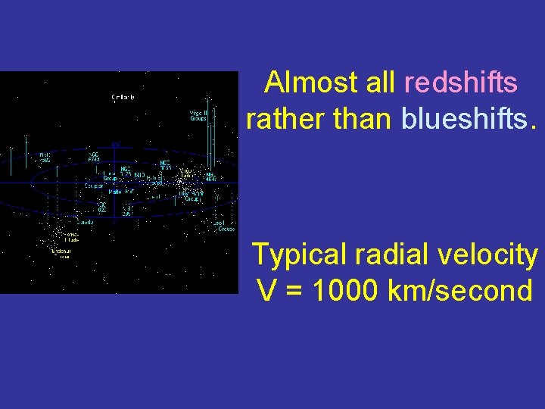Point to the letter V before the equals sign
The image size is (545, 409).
(x=267, y=290)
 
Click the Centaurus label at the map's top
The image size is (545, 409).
(x=123, y=97)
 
